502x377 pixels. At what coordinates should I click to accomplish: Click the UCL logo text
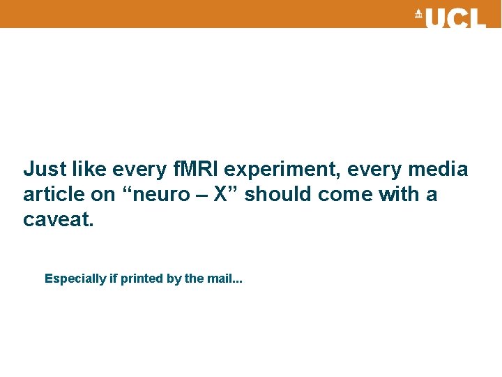pyautogui.click(x=455, y=18)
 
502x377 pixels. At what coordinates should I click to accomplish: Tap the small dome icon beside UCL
pyautogui.click(x=419, y=15)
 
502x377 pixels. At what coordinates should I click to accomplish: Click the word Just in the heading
pyautogui.click(x=43, y=169)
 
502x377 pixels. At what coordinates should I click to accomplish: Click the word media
pyautogui.click(x=438, y=169)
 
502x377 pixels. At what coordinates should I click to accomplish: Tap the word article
pyautogui.click(x=54, y=194)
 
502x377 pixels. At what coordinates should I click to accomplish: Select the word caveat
pyautogui.click(x=58, y=219)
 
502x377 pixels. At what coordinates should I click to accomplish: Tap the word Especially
pyautogui.click(x=75, y=279)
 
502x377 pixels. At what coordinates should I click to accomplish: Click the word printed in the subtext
pyautogui.click(x=142, y=279)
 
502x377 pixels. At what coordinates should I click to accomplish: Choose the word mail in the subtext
pyautogui.click(x=221, y=279)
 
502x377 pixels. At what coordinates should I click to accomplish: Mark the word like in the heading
pyautogui.click(x=87, y=169)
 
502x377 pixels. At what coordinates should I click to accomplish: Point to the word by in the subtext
pyautogui.click(x=174, y=279)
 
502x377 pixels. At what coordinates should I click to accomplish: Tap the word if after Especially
pyautogui.click(x=114, y=279)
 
